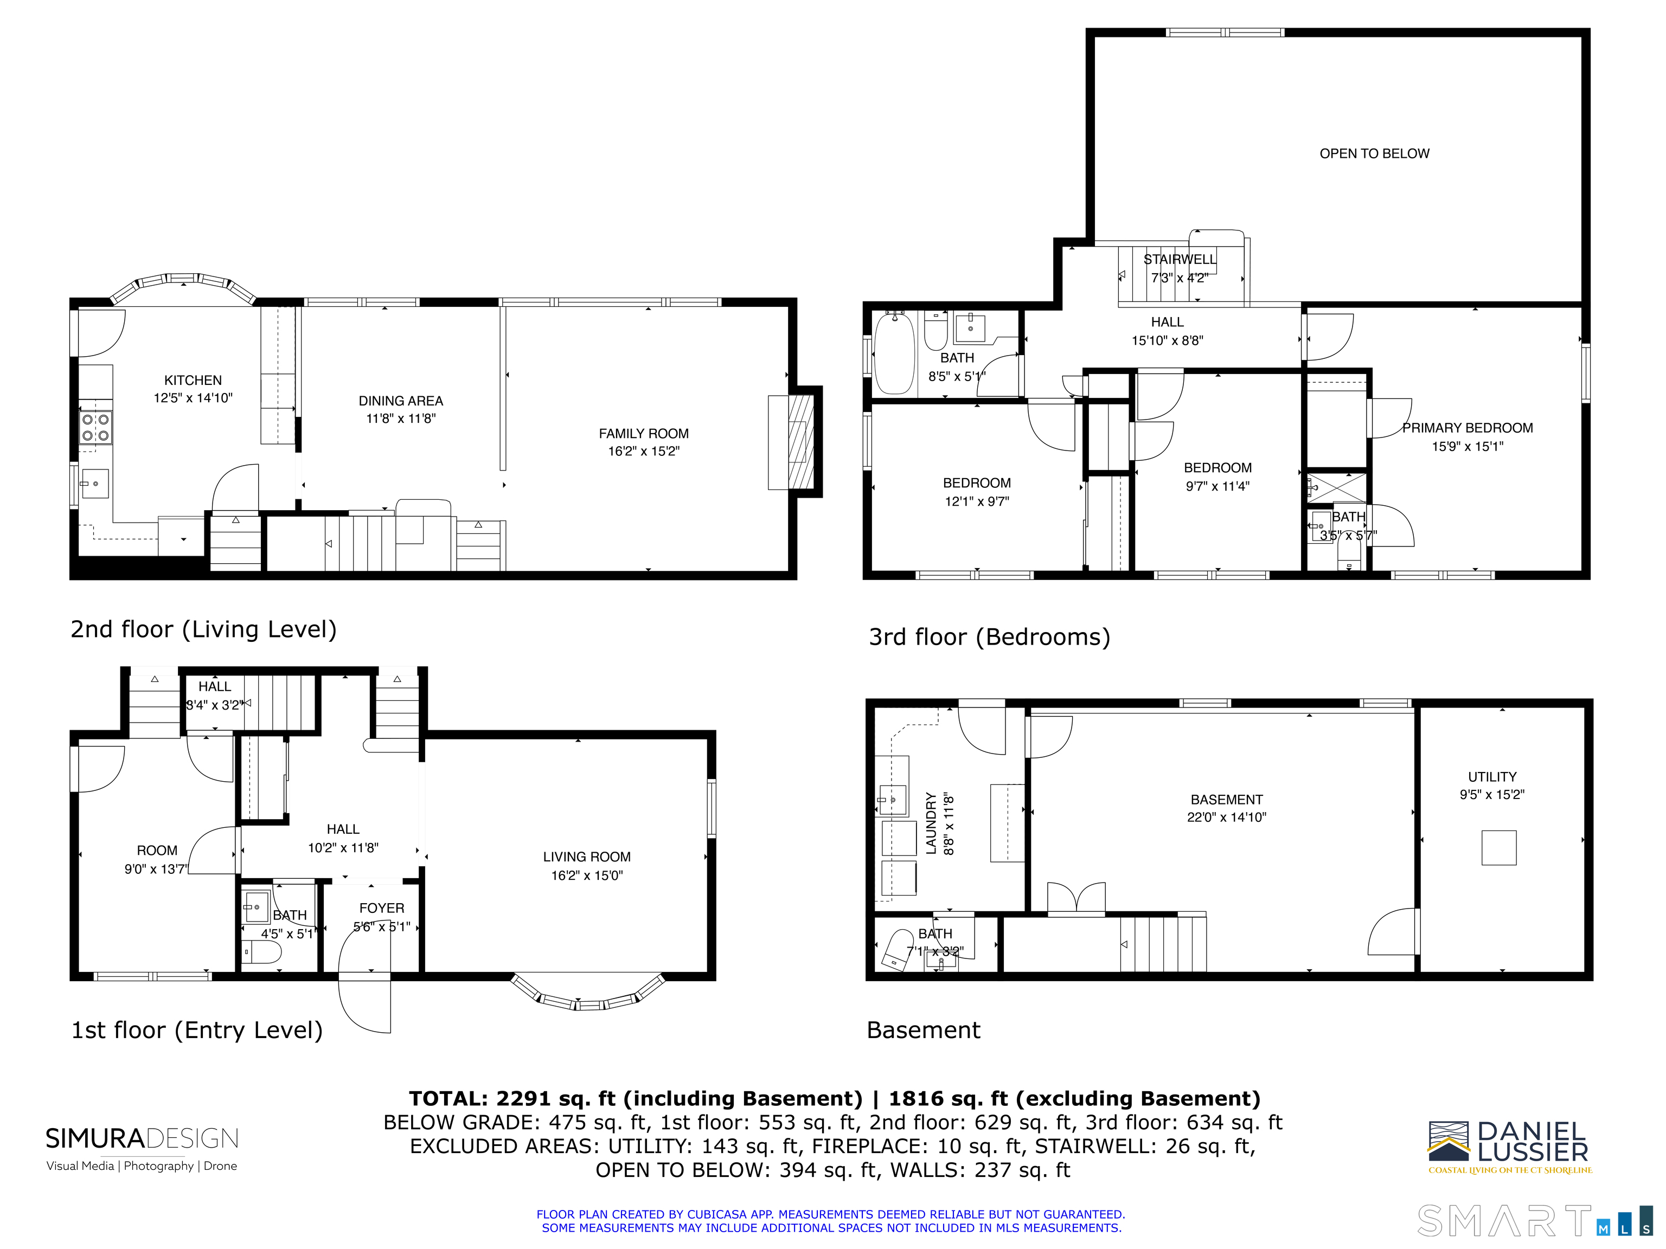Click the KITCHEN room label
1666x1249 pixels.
tap(193, 380)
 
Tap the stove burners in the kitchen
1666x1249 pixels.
tap(95, 428)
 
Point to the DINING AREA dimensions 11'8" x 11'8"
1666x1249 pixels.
tap(401, 419)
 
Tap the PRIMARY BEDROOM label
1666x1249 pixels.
tap(1466, 428)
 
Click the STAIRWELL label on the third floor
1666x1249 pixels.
tap(1180, 259)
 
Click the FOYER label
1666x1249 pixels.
tap(381, 908)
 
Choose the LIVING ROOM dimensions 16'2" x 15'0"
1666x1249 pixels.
tap(587, 875)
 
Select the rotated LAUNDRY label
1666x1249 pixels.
tap(931, 823)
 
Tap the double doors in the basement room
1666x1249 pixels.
tap(1077, 900)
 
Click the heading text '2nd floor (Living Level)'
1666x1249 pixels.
tap(203, 629)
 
